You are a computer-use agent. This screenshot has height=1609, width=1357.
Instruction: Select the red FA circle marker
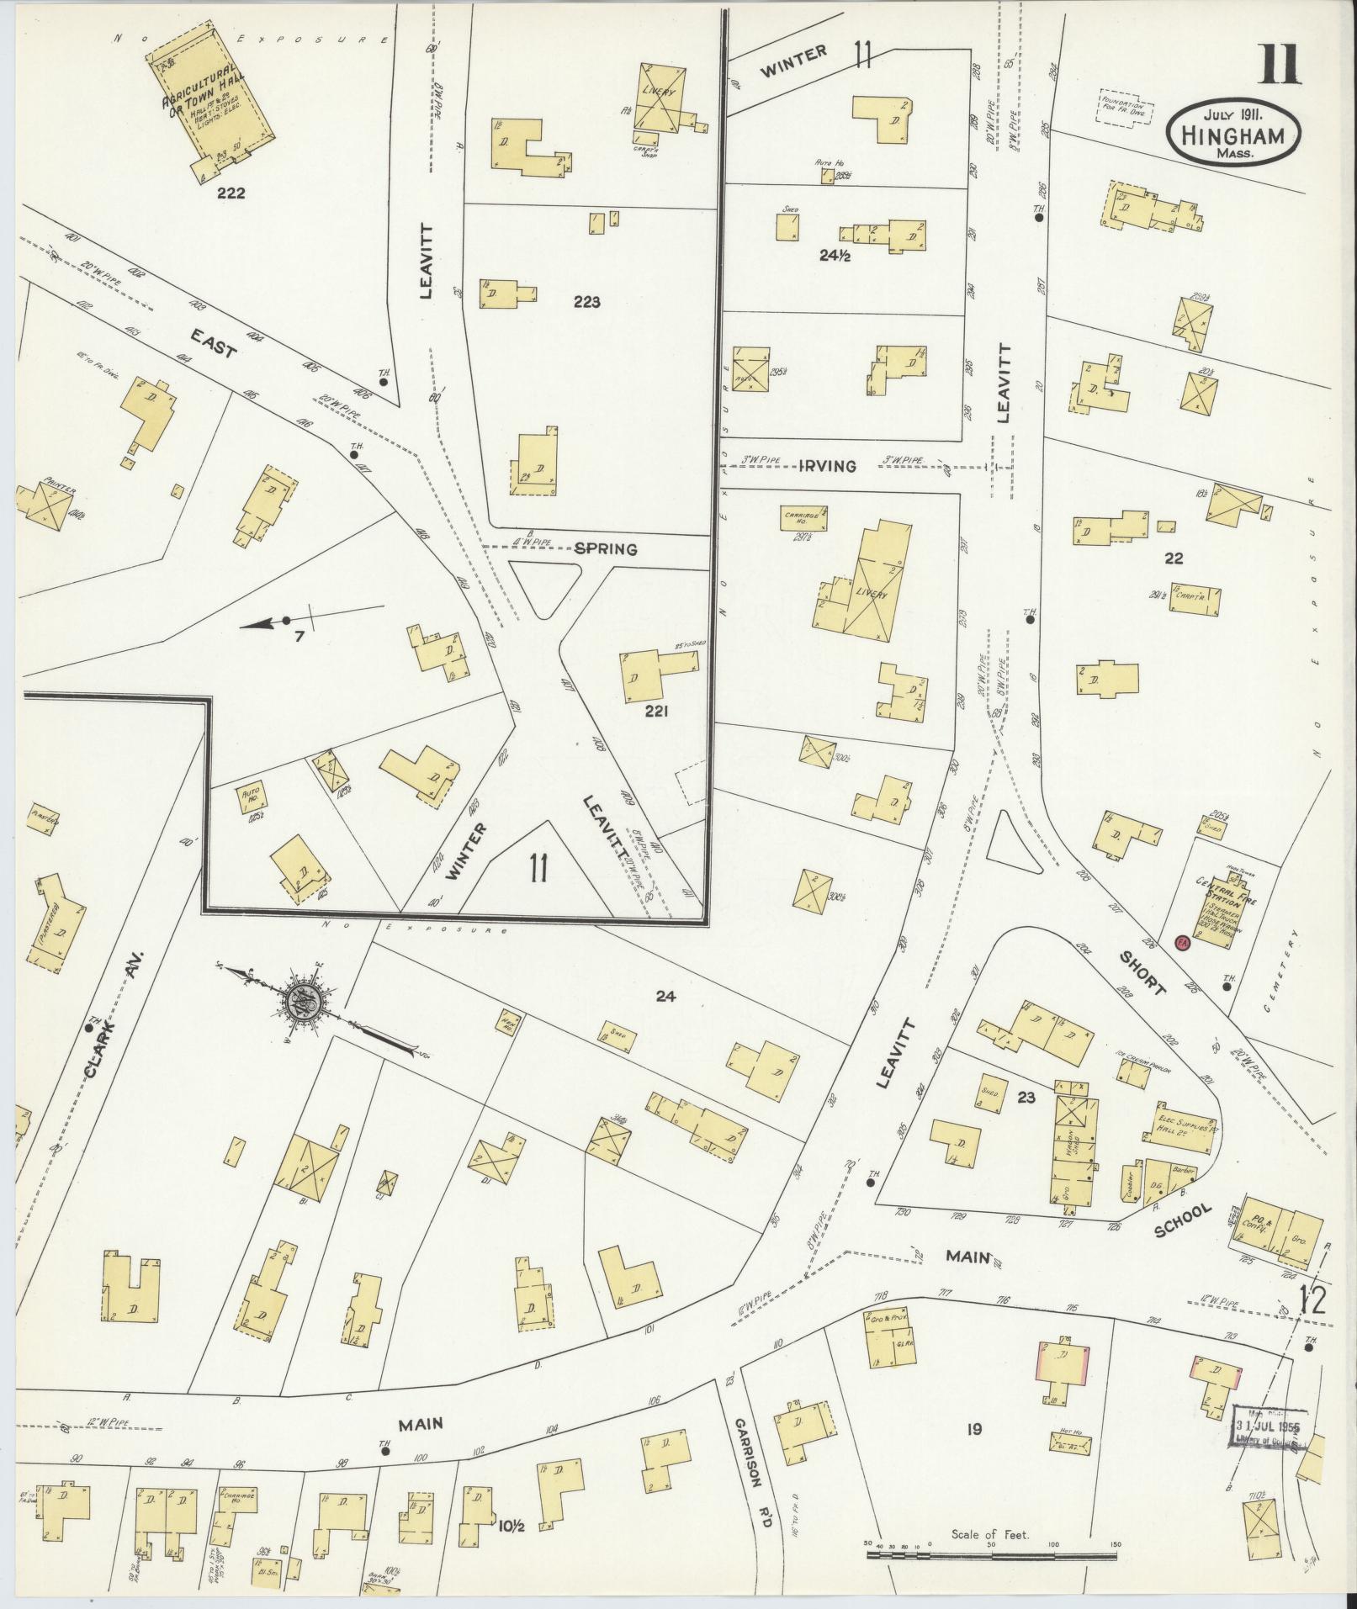coord(1181,943)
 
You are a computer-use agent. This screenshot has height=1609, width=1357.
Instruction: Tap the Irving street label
coord(834,466)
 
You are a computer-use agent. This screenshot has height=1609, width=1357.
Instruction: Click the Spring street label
coord(606,549)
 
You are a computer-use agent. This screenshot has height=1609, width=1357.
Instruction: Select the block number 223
coord(586,302)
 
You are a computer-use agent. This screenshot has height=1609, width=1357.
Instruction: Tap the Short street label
coord(1142,974)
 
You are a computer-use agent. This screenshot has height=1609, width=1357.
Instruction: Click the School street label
coord(1184,1221)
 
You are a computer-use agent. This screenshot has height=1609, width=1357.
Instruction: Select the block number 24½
coord(835,256)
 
